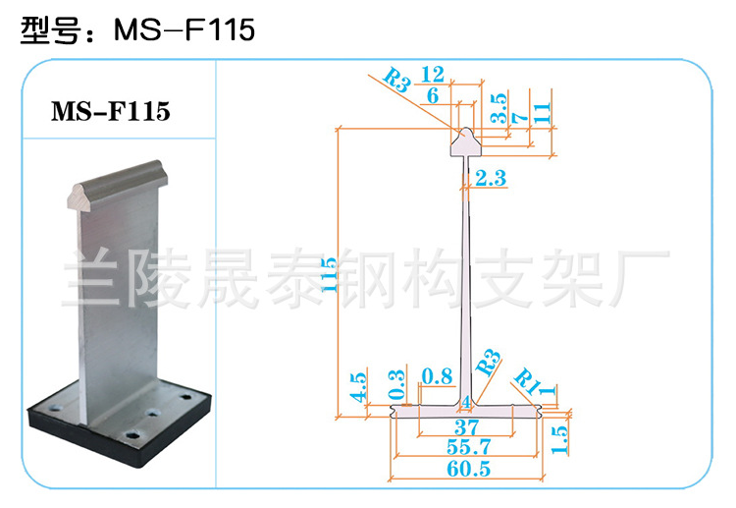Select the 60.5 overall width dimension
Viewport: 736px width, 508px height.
click(468, 469)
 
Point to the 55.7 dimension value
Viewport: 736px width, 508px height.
click(468, 447)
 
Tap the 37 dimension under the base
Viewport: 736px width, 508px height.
click(466, 427)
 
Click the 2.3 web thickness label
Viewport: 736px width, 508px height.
click(491, 178)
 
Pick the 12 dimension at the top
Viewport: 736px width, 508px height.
click(433, 75)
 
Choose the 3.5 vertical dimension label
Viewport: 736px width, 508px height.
click(499, 108)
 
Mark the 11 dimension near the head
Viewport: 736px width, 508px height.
click(541, 113)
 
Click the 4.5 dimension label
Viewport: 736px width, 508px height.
click(358, 387)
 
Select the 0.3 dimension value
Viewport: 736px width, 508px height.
click(396, 384)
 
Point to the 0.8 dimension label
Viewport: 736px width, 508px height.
click(437, 376)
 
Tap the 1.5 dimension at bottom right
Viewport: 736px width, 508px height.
click(559, 439)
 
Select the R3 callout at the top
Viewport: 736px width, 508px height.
click(397, 80)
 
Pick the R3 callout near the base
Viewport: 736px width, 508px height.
click(488, 363)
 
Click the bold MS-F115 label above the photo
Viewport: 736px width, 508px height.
click(111, 111)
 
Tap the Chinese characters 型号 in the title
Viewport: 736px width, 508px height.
click(49, 30)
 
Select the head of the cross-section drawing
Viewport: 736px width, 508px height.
click(465, 141)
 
